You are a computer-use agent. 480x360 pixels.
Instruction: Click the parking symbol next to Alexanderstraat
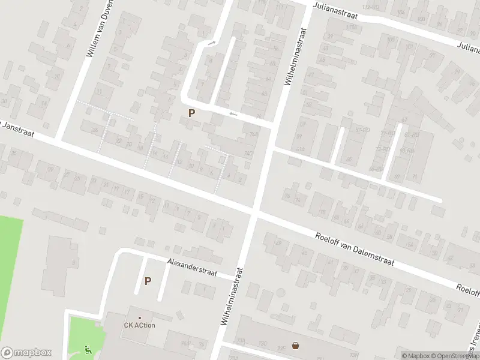click(148, 280)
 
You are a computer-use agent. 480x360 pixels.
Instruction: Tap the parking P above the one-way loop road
click(191, 112)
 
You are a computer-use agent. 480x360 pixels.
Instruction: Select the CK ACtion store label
click(139, 326)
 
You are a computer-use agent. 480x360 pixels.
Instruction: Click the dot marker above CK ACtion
click(140, 318)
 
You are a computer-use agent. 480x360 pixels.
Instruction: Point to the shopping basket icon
click(296, 345)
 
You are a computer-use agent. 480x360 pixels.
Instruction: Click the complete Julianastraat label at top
click(335, 10)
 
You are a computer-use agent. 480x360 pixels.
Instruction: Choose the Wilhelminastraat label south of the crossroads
click(232, 296)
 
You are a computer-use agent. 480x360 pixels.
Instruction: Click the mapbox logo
click(26, 353)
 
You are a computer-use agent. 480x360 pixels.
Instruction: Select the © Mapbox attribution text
click(419, 356)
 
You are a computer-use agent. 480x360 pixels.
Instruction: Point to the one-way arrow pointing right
click(211, 43)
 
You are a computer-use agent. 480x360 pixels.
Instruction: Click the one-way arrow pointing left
click(233, 114)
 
